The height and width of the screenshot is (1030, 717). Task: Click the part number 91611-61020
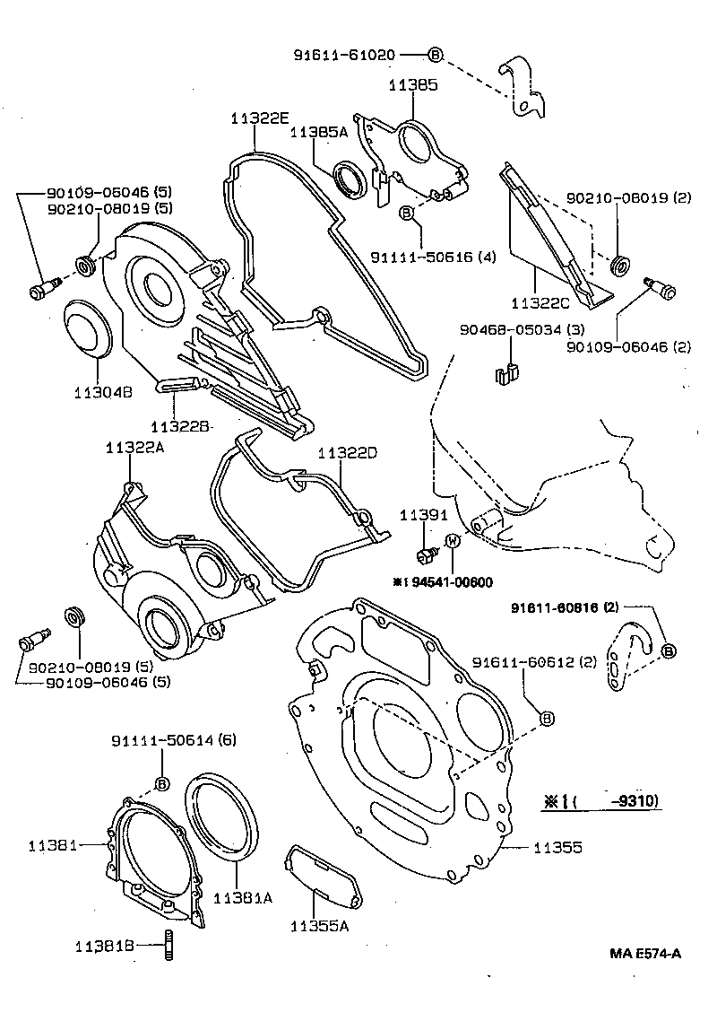344,55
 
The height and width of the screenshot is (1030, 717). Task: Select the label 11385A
318,132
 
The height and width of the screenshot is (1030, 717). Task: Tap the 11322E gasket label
259,118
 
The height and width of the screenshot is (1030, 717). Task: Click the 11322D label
347,454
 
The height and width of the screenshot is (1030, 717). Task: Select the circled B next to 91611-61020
435,55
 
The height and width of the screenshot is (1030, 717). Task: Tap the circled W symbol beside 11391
453,540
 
